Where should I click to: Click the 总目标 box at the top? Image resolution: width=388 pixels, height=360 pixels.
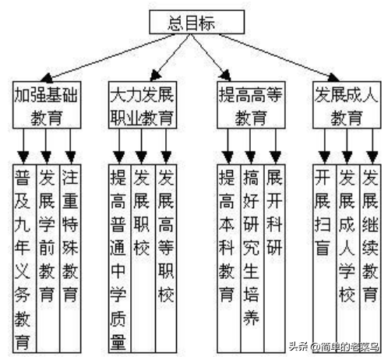tap(196, 22)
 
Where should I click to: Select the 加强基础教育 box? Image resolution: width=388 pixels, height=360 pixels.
tap(47, 105)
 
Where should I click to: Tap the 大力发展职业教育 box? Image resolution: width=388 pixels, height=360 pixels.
tap(143, 105)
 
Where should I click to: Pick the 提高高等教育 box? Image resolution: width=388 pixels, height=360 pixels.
tap(251, 105)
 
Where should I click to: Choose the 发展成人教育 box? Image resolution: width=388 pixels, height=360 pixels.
tap(347, 105)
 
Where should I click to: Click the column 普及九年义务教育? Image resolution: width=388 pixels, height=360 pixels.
tap(24, 258)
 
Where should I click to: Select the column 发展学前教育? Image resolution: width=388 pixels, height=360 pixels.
tap(48, 258)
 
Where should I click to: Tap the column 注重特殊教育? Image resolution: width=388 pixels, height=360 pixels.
tap(70, 258)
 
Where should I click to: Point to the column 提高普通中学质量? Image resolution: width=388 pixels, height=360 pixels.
tap(120, 258)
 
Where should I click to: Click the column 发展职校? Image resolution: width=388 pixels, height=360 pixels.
tap(143, 258)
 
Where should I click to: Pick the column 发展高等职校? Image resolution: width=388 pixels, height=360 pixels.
tap(166, 258)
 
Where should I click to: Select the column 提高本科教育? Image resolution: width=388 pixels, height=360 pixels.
tap(229, 258)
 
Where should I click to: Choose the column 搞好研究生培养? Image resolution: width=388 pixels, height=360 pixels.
tap(252, 258)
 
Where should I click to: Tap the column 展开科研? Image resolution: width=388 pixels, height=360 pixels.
tap(275, 258)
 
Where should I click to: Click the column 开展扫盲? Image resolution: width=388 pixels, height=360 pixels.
tap(324, 258)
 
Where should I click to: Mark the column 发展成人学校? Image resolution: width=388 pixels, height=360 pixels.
tap(348, 258)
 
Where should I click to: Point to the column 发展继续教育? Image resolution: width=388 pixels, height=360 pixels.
tap(371, 258)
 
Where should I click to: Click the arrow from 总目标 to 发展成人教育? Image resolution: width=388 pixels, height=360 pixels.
tap(279, 58)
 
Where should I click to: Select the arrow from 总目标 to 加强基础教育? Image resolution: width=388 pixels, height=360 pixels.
tap(108, 58)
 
